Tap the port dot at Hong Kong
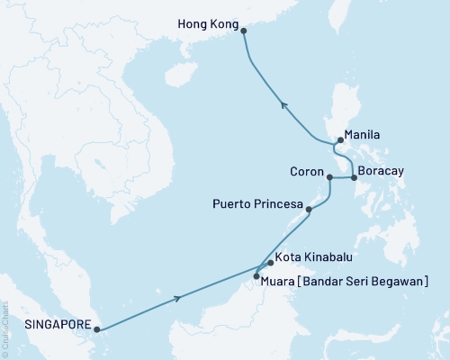coord(244,29)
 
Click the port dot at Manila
coord(338,140)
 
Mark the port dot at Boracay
coord(353,177)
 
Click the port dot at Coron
coord(330,177)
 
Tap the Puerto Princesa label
coord(256,203)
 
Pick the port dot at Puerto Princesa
coord(310,211)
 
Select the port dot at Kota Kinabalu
coord(270,264)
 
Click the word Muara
coord(283,281)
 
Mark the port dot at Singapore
coord(96,329)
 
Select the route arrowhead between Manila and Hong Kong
coord(283,104)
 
